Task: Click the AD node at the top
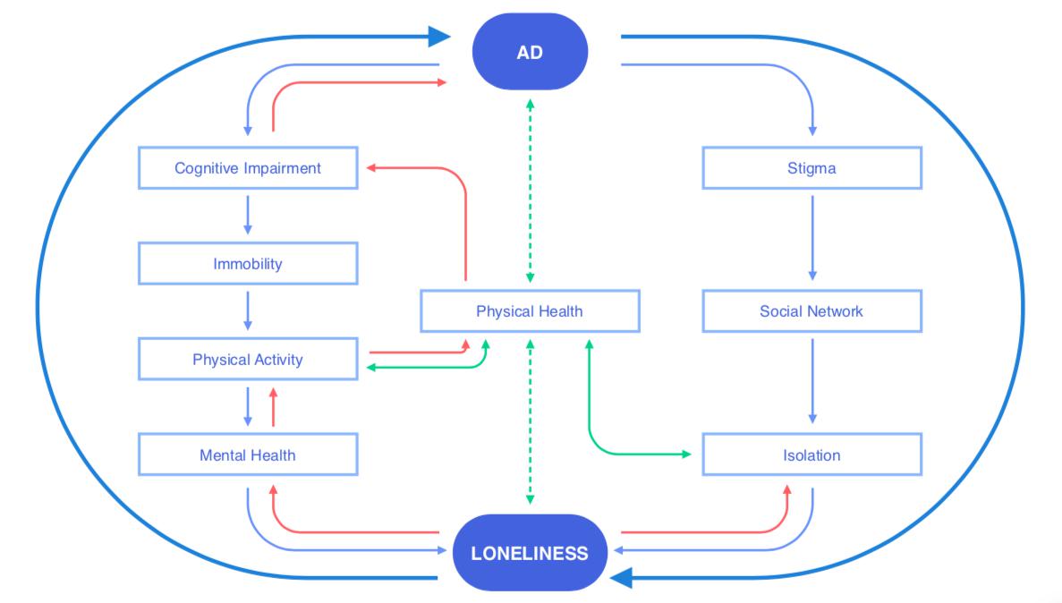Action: pyautogui.click(x=530, y=52)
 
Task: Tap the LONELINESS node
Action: pyautogui.click(x=530, y=553)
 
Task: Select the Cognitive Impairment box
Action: pyautogui.click(x=248, y=168)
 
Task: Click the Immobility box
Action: pyautogui.click(x=248, y=264)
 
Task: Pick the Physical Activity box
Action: pyautogui.click(x=248, y=360)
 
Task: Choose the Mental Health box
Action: pyautogui.click(x=248, y=455)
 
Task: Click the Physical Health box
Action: pyautogui.click(x=530, y=311)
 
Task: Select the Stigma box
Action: pyautogui.click(x=811, y=168)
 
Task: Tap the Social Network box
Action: pyautogui.click(x=811, y=311)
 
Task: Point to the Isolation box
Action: pyautogui.click(x=811, y=455)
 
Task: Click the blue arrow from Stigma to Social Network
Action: pyautogui.click(x=812, y=237)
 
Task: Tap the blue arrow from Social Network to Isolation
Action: pyautogui.click(x=812, y=379)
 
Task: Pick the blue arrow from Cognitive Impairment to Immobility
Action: pyautogui.click(x=248, y=215)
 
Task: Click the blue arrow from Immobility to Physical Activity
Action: pyautogui.click(x=248, y=310)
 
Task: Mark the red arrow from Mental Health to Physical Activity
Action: pyautogui.click(x=274, y=406)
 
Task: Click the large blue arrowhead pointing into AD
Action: pyautogui.click(x=438, y=37)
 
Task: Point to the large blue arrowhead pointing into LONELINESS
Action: pyautogui.click(x=621, y=578)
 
